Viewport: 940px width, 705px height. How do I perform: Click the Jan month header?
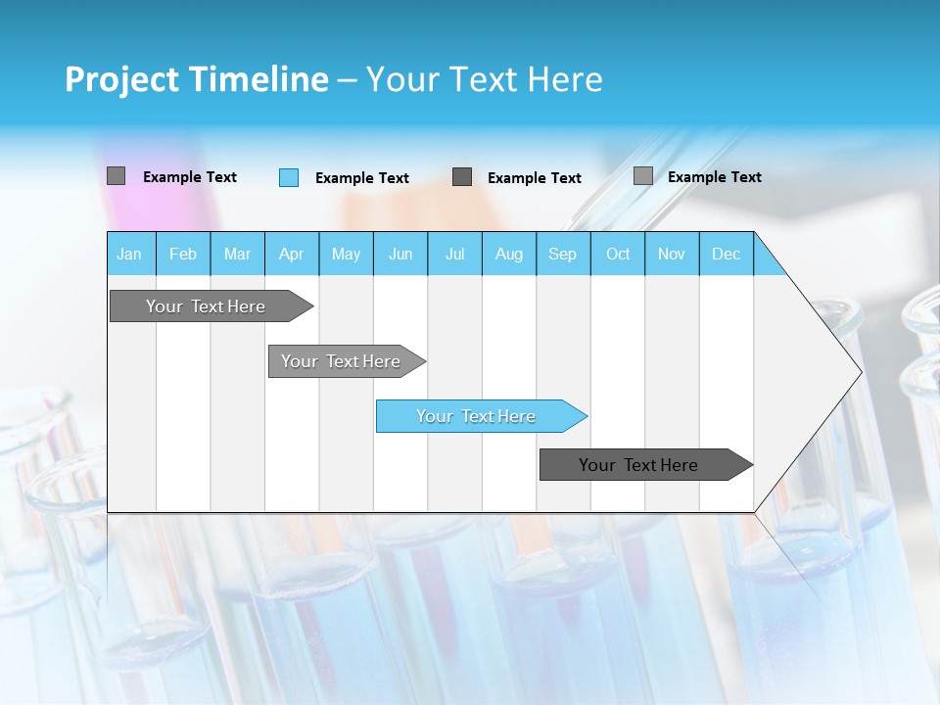click(130, 254)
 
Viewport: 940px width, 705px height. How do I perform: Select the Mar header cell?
click(237, 254)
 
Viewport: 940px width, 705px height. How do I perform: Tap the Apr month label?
click(291, 254)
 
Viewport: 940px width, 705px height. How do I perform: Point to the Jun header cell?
click(400, 254)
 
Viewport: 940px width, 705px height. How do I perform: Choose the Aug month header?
click(508, 254)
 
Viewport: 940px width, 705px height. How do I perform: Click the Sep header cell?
click(562, 254)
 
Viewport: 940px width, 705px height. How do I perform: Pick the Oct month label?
click(617, 254)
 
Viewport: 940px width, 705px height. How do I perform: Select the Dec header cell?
click(726, 254)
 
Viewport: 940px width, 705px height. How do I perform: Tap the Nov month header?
click(671, 254)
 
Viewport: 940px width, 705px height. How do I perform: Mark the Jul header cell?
click(454, 254)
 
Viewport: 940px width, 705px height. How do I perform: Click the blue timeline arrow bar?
click(476, 416)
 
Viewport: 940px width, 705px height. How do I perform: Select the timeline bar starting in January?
click(206, 306)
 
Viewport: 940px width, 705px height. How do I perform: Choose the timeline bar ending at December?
click(638, 465)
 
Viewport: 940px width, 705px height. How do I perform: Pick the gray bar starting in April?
click(341, 361)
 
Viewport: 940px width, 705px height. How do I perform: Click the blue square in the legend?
click(289, 177)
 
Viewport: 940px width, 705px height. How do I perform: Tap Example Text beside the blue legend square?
click(361, 178)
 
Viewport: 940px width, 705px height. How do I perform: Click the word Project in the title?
click(122, 79)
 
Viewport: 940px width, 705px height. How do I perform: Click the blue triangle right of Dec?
click(766, 261)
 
